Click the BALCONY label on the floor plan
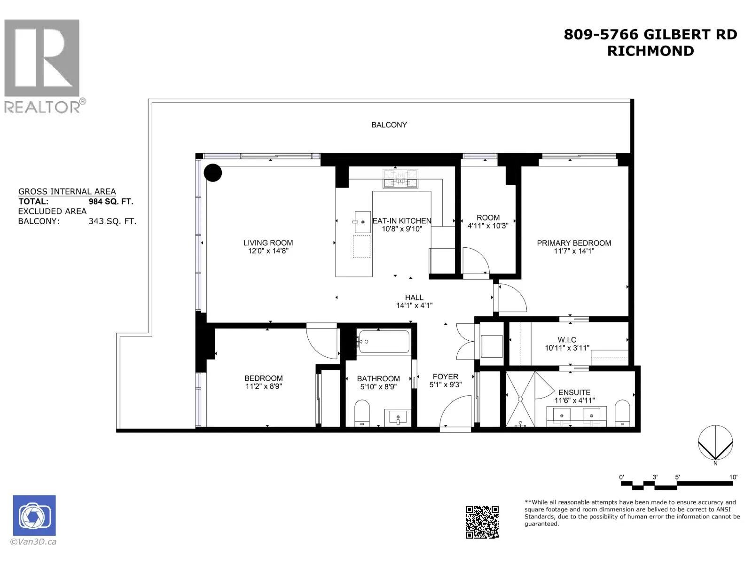click(x=389, y=125)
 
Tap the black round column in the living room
click(x=213, y=172)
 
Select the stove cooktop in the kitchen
click(x=400, y=179)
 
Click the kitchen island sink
click(x=362, y=222)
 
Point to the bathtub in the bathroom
click(x=383, y=341)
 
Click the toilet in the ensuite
click(x=622, y=413)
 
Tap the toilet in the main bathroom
click(x=362, y=413)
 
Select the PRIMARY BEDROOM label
click(x=574, y=243)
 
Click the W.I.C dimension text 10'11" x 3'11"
click(x=567, y=348)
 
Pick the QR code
click(x=482, y=522)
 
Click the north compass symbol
click(x=715, y=443)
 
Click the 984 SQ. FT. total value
click(x=111, y=202)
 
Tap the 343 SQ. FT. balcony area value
click(x=112, y=221)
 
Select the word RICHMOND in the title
click(x=650, y=51)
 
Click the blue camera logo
click(x=34, y=516)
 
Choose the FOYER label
click(x=446, y=376)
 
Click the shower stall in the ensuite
click(x=520, y=399)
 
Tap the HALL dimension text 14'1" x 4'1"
click(x=414, y=305)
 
